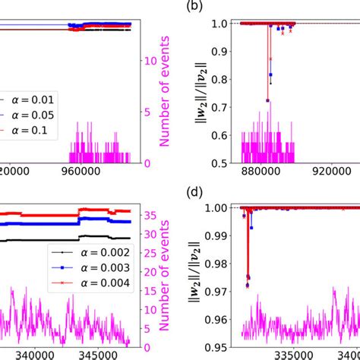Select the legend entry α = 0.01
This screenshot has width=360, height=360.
30,98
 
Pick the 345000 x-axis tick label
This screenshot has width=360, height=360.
103,353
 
